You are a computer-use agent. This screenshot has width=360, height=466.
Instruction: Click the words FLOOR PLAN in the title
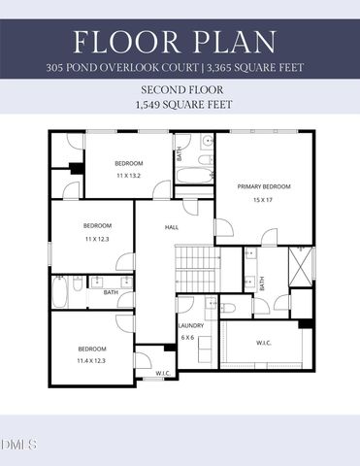click(x=180, y=42)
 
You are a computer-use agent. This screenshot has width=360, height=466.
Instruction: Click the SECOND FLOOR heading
click(x=180, y=87)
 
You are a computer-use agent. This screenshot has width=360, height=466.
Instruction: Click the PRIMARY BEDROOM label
click(x=264, y=185)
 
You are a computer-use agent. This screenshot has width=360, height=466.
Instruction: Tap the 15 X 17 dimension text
click(x=264, y=199)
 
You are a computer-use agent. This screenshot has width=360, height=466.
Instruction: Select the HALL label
click(x=172, y=227)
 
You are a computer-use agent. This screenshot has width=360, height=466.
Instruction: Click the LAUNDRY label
click(x=189, y=326)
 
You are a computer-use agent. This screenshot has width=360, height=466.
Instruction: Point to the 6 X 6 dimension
click(x=188, y=338)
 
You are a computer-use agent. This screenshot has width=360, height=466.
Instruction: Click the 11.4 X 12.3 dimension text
click(x=92, y=360)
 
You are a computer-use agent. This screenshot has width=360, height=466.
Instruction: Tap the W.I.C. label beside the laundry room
click(x=264, y=342)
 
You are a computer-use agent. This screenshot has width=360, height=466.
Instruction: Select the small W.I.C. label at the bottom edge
click(x=163, y=374)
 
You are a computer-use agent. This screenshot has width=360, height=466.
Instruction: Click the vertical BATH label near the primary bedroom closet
click(x=261, y=283)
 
